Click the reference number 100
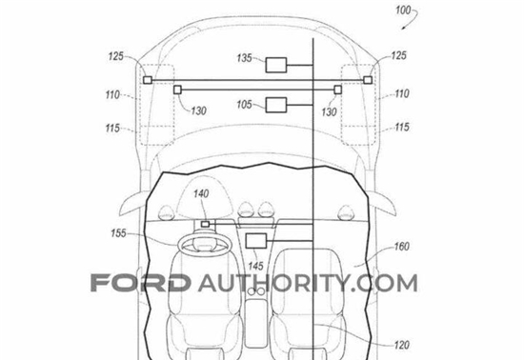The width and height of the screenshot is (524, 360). pyautogui.click(x=403, y=10)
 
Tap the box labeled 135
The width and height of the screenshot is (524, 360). pyautogui.click(x=276, y=65)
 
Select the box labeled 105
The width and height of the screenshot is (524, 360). pyautogui.click(x=276, y=105)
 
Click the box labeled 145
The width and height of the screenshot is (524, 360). pyautogui.click(x=256, y=241)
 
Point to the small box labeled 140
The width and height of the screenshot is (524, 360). pyautogui.click(x=205, y=224)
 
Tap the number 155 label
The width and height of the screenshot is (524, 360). pyautogui.click(x=119, y=233)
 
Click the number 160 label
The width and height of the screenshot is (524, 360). pyautogui.click(x=401, y=247)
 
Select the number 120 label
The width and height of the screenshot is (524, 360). pyautogui.click(x=401, y=345)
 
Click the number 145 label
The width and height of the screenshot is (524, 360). pyautogui.click(x=255, y=266)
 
